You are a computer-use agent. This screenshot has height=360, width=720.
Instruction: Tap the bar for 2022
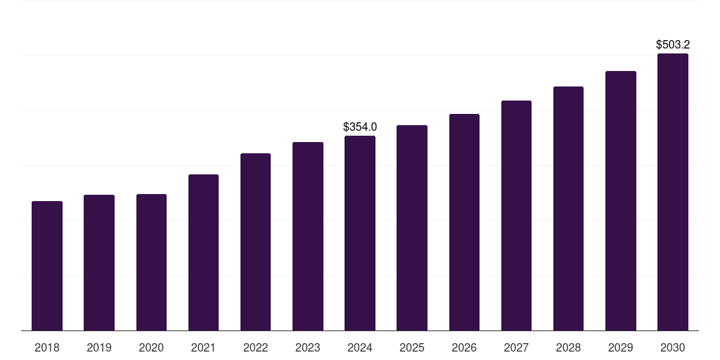click(x=255, y=242)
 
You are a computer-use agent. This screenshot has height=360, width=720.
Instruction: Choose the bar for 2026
click(x=464, y=222)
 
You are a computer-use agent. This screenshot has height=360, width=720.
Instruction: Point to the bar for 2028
click(x=568, y=208)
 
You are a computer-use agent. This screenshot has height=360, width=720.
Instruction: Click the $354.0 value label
click(x=360, y=127)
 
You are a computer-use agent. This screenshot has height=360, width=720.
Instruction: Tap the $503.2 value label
click(x=673, y=45)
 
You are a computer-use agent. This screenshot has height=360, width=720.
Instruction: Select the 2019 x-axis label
click(x=99, y=347)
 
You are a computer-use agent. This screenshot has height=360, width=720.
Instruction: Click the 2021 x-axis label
click(x=203, y=347)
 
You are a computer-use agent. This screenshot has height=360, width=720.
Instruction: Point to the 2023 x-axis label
click(x=307, y=347)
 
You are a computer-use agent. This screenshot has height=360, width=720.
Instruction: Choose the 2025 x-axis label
click(x=412, y=347)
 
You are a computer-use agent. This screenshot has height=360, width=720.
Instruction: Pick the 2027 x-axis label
click(x=516, y=347)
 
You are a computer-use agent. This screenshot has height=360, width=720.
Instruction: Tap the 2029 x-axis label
click(x=620, y=347)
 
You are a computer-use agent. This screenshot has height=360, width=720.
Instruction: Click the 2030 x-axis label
click(x=673, y=347)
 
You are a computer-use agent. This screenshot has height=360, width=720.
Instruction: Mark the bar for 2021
click(x=203, y=252)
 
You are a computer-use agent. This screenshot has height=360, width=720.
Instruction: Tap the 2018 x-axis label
click(x=47, y=347)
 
